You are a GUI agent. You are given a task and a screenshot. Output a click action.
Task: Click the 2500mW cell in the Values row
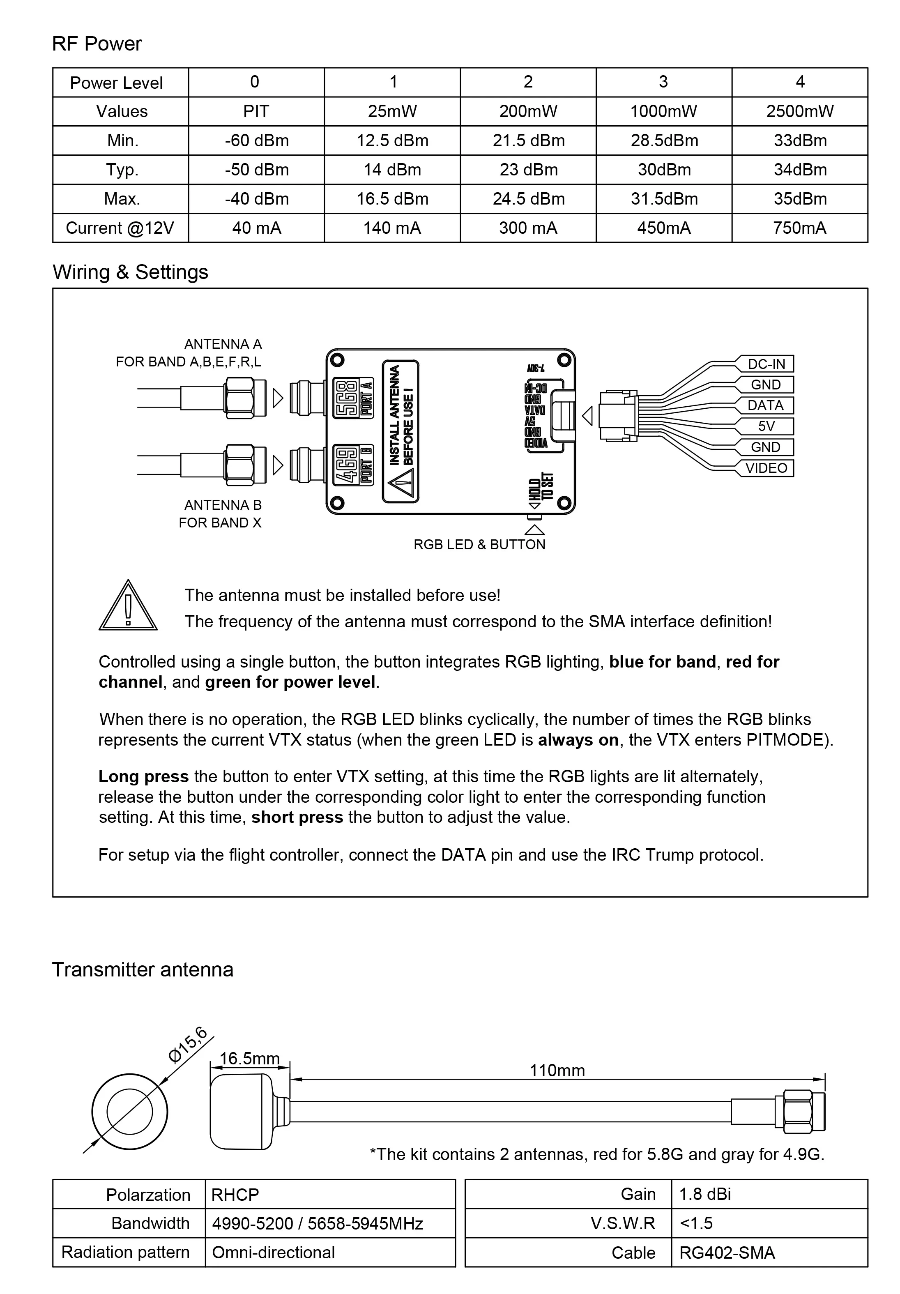pyautogui.click(x=799, y=111)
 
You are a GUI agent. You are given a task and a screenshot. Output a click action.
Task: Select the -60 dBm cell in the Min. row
pyautogui.click(x=256, y=140)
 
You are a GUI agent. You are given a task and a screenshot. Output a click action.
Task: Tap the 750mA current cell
pyautogui.click(x=799, y=228)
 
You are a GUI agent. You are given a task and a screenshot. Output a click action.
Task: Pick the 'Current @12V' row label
pyautogui.click(x=120, y=228)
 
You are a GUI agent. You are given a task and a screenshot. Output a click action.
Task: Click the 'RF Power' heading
pyautogui.click(x=97, y=44)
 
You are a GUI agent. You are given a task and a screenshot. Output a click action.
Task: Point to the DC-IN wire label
pyautogui.click(x=766, y=364)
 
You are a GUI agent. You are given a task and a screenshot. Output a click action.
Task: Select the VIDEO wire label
pyautogui.click(x=766, y=468)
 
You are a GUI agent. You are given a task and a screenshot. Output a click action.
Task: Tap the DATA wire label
pyautogui.click(x=765, y=405)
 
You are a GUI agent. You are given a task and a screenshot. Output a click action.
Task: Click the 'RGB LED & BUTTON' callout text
pyautogui.click(x=479, y=544)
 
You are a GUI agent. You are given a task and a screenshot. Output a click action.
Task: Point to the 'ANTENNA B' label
pyautogui.click(x=223, y=505)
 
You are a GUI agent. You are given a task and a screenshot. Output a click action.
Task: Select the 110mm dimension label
pyautogui.click(x=557, y=1070)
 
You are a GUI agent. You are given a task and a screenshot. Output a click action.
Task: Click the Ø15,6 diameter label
pyautogui.click(x=188, y=1044)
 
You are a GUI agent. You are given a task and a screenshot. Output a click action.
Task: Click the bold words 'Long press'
pyautogui.click(x=143, y=777)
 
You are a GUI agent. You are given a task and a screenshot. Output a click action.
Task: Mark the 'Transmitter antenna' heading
pyautogui.click(x=143, y=969)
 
